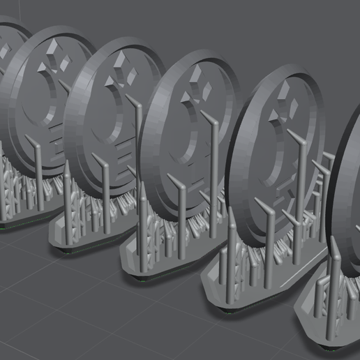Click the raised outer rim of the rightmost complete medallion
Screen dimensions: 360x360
pos(241,140)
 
